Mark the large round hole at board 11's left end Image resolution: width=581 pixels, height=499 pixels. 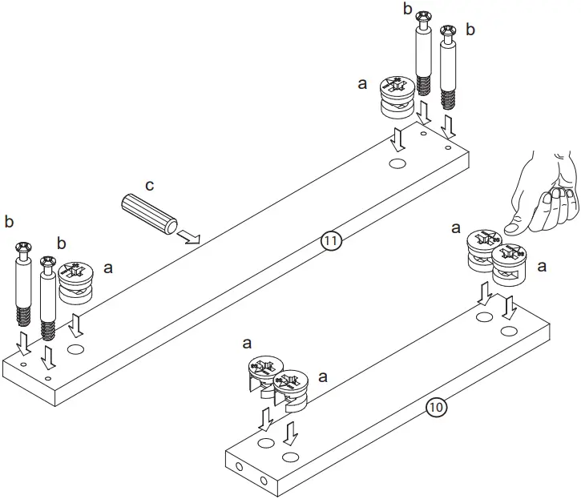(x=77, y=350)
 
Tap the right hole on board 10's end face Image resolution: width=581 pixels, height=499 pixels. (x=264, y=481)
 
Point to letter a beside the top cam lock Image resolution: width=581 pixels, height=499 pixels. (x=361, y=82)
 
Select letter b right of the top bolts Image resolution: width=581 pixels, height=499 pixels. (x=470, y=30)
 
